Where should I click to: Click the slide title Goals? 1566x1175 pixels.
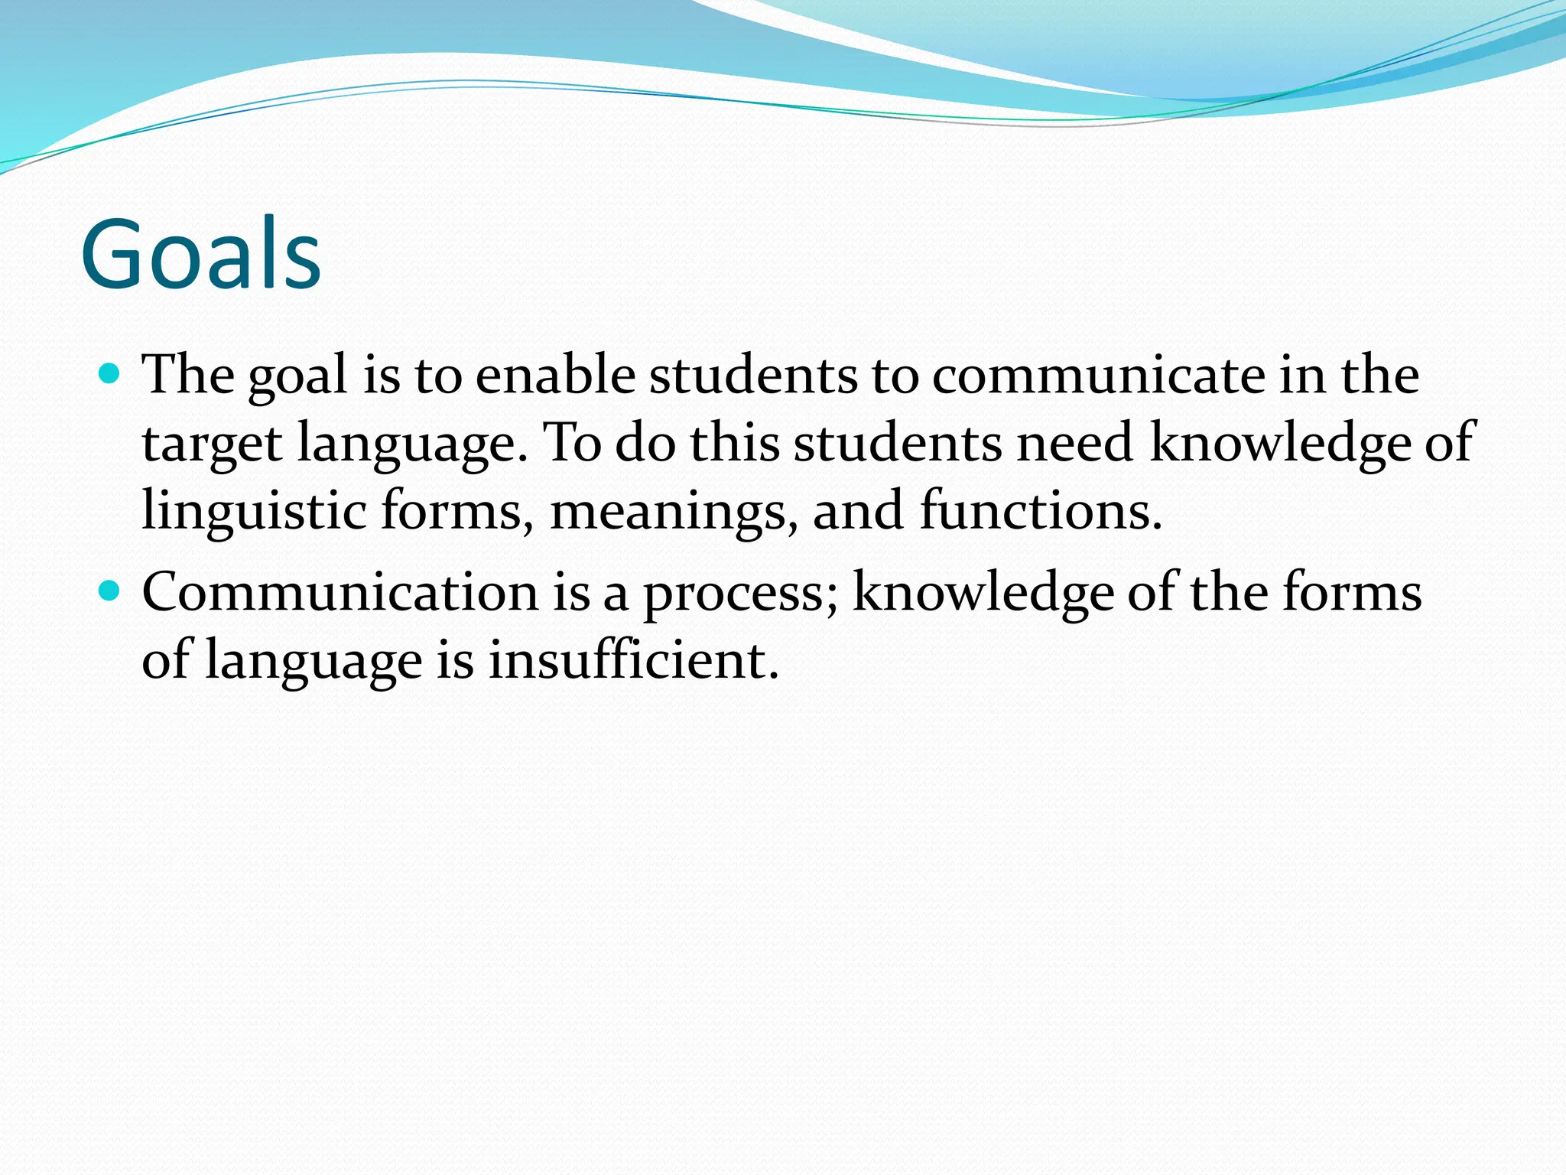point(200,254)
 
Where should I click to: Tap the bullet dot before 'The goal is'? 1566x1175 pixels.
point(110,374)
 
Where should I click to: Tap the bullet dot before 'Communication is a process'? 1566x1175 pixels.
point(110,591)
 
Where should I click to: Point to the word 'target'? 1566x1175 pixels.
point(212,444)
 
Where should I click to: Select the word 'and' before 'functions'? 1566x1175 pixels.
point(856,511)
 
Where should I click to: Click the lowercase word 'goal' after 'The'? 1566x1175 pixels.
point(298,377)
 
